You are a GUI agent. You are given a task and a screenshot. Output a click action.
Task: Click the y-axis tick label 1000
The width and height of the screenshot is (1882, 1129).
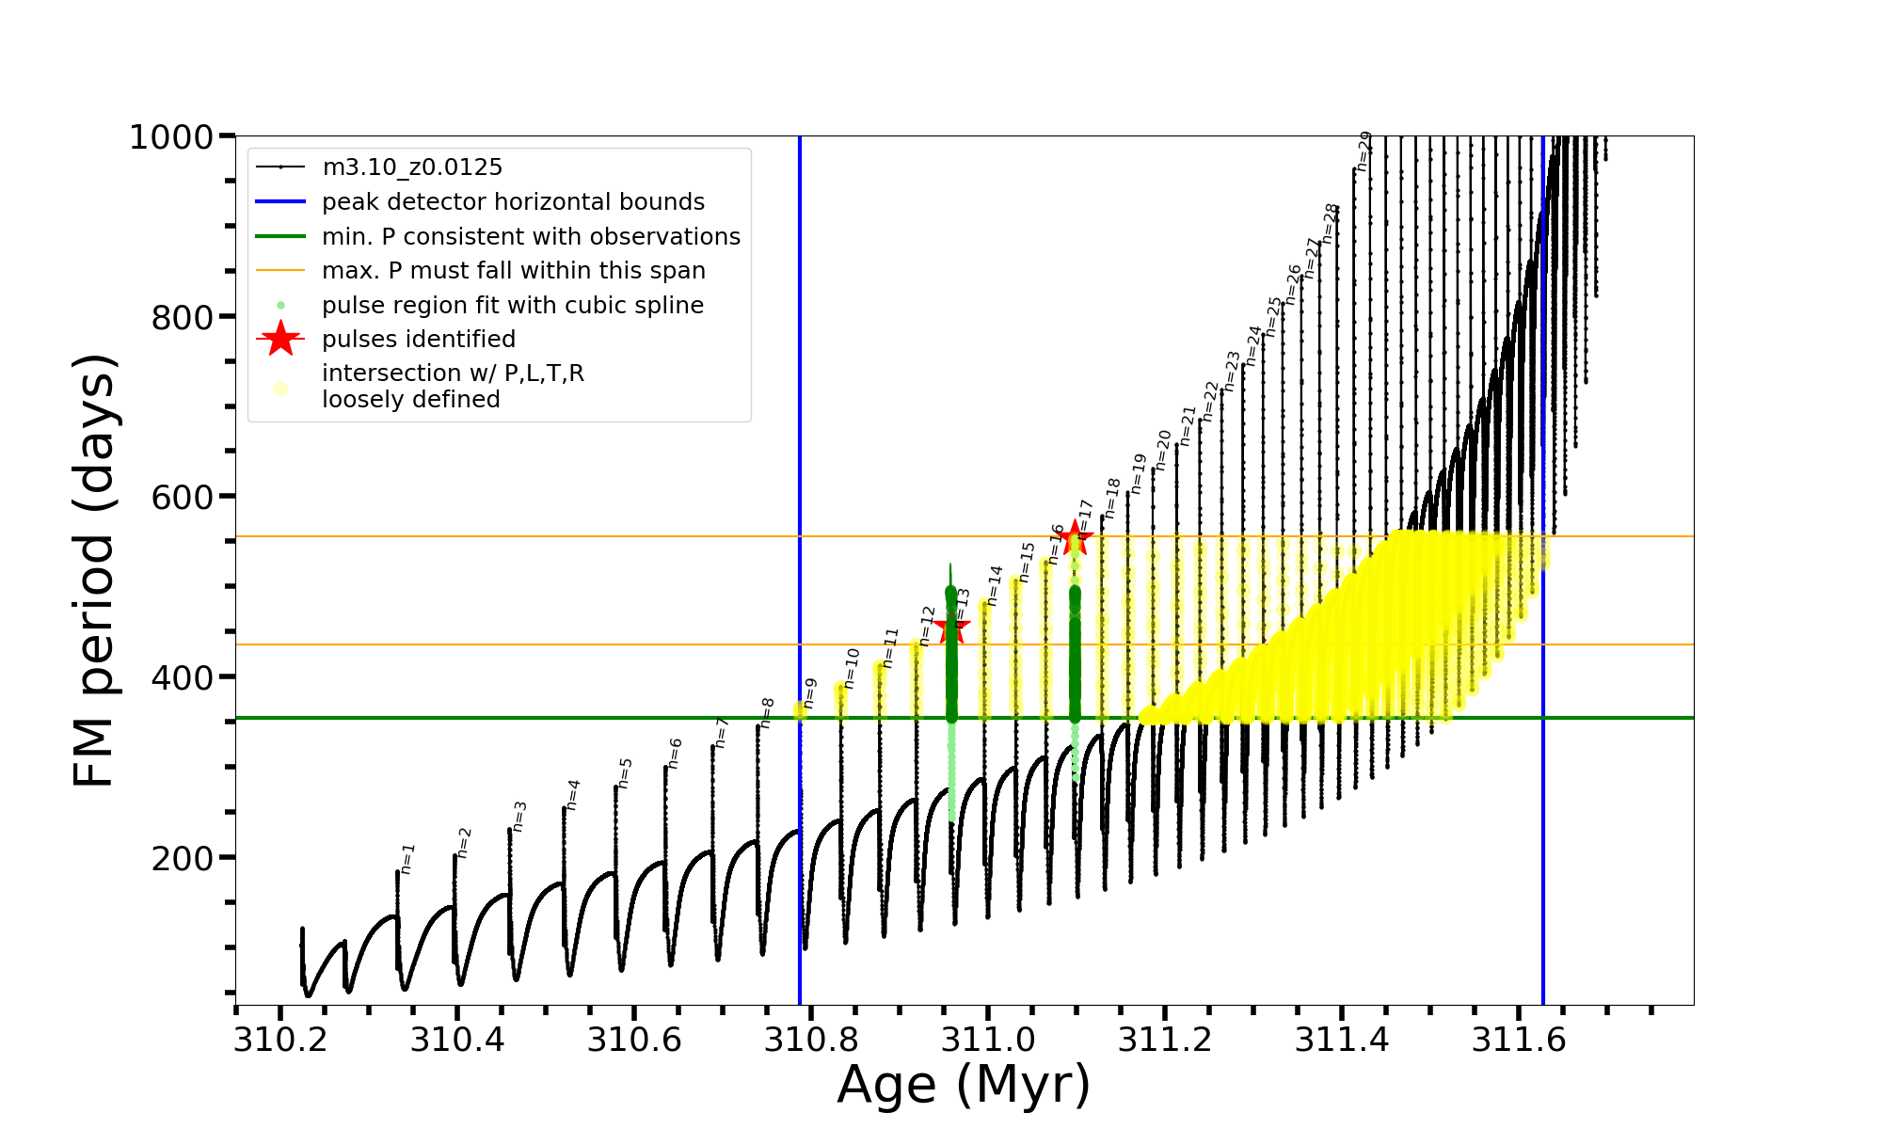(171, 137)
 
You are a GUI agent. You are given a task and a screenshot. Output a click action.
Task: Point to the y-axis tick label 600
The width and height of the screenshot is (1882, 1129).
(183, 498)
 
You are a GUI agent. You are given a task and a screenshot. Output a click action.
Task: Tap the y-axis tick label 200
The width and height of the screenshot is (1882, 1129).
(183, 858)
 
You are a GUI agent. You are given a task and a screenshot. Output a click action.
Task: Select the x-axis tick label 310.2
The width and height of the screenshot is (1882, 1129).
(280, 1040)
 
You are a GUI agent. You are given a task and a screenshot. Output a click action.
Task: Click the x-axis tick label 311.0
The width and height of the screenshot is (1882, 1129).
(988, 1040)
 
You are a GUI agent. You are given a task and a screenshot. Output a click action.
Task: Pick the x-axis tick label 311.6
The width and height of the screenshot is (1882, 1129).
(1519, 1040)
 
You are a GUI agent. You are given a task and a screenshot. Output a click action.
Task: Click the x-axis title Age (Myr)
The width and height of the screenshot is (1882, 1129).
(964, 1085)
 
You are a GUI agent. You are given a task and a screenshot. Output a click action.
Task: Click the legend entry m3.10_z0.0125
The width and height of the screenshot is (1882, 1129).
(412, 167)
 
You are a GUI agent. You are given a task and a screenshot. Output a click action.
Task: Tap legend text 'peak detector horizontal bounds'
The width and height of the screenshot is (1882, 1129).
(513, 202)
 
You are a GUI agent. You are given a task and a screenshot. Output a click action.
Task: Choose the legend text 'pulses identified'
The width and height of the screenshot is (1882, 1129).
(419, 340)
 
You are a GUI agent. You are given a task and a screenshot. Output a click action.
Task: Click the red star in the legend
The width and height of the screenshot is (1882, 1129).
(280, 339)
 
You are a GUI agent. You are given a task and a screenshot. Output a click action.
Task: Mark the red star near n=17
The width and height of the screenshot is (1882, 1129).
(1075, 539)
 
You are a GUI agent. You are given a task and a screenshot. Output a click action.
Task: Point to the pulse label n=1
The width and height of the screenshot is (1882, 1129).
(407, 858)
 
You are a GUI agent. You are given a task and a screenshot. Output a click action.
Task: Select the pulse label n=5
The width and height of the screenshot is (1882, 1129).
(625, 772)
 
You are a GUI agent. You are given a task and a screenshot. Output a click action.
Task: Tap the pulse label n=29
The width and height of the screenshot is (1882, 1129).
(1364, 151)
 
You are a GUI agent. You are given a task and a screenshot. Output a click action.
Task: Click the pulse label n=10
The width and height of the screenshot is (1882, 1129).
(851, 668)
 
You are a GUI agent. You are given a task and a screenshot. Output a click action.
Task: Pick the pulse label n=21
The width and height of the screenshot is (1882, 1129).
(1187, 425)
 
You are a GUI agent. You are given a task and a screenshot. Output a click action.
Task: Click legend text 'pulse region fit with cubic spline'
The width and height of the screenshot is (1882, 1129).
(513, 306)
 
